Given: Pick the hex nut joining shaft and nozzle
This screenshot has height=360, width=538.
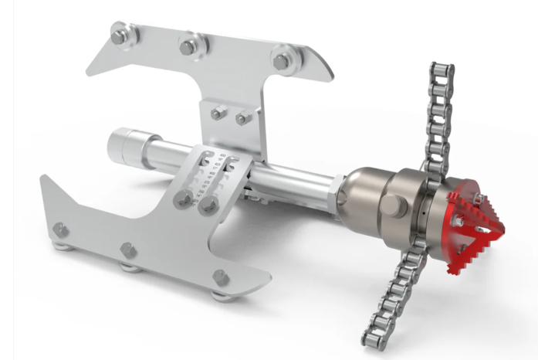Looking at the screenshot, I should [x=337, y=193].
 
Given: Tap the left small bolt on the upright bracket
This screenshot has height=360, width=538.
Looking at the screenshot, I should [x=218, y=114].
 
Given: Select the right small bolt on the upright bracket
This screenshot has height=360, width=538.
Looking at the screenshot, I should [x=243, y=118].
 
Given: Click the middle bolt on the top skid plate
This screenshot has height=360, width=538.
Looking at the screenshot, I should [x=189, y=46].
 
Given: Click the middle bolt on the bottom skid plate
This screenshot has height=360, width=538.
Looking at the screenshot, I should [x=128, y=251].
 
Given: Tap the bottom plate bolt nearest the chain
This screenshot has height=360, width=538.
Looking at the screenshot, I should [x=220, y=277].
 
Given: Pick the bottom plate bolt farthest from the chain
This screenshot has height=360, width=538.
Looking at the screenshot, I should [x=60, y=229].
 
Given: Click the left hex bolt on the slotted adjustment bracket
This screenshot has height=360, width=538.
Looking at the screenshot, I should [x=184, y=199].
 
